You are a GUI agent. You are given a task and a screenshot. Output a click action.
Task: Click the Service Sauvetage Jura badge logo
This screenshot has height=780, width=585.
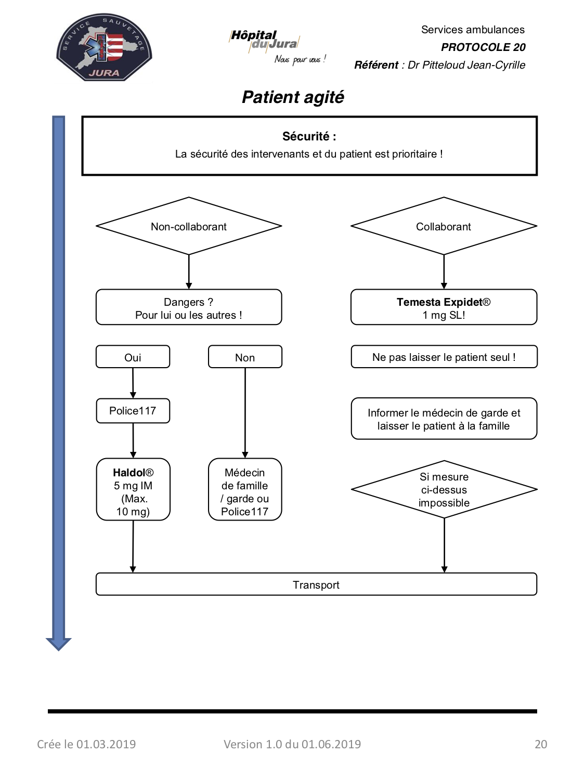[x=104, y=47]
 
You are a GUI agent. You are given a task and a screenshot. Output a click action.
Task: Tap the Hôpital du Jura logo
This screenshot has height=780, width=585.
[x=277, y=47]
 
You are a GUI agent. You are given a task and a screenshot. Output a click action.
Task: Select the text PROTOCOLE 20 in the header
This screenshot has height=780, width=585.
[x=483, y=47]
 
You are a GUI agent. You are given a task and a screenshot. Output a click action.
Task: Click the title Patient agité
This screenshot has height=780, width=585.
[x=293, y=97]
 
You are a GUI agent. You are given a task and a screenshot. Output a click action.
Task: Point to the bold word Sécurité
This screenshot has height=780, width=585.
[x=306, y=136]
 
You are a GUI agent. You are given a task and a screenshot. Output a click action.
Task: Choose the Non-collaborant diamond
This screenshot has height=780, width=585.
[x=189, y=226]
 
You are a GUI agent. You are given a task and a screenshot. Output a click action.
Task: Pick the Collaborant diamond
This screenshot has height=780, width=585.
[x=444, y=226]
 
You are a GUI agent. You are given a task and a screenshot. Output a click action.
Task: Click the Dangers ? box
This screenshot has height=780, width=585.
[x=189, y=307]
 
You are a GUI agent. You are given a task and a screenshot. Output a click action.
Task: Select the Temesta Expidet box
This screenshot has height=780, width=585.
[x=444, y=307]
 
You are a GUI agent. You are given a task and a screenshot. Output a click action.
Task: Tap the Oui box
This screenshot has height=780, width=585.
[x=133, y=357]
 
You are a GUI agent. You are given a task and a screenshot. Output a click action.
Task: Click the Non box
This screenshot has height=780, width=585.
[x=245, y=357]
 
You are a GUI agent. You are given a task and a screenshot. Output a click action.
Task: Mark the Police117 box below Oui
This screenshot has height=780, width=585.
[x=133, y=411]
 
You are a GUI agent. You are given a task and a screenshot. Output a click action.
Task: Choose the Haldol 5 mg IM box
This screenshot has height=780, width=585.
[x=133, y=490]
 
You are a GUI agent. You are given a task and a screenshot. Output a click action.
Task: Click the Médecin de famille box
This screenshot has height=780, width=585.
[x=245, y=490]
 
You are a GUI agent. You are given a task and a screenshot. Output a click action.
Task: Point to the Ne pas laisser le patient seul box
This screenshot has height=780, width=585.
[x=444, y=357]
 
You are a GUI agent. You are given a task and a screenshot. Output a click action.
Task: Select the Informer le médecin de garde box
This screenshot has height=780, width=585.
[x=444, y=419]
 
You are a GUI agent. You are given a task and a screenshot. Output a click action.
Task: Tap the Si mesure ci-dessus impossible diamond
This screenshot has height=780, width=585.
[x=444, y=490]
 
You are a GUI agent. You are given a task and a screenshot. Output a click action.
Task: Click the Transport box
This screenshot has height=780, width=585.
[x=316, y=584]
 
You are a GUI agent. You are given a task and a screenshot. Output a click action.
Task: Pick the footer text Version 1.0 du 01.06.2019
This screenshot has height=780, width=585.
[x=292, y=744]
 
